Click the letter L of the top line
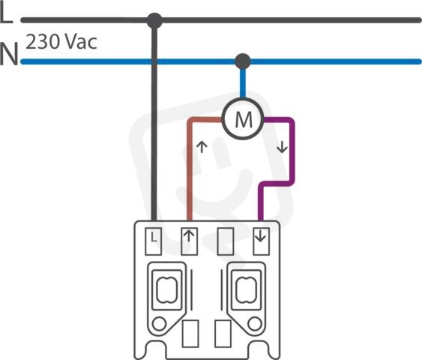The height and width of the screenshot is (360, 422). tap(6, 14)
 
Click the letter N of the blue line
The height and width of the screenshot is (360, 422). tap(9, 53)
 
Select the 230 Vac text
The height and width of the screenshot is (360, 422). tap(61, 42)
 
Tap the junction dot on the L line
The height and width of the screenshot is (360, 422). tap(154, 20)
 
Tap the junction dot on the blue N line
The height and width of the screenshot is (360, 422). tap(243, 61)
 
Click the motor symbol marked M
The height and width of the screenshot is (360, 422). tap(242, 118)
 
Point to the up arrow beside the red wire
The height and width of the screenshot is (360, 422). tap(202, 147)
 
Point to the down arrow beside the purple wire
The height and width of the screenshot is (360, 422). tap(282, 148)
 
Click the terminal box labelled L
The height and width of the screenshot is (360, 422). tap(154, 241)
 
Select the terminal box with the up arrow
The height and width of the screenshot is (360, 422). tap(189, 241)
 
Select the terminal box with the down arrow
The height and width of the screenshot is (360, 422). tap(261, 241)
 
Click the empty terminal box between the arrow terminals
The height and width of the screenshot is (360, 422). tap(226, 241)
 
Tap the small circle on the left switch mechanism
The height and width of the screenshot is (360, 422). tap(159, 324)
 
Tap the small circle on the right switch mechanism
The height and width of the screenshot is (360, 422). tap(255, 324)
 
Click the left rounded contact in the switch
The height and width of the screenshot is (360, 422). tap(167, 289)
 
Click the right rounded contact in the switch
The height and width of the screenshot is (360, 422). tap(247, 289)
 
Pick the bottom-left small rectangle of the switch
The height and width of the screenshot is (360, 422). tap(190, 334)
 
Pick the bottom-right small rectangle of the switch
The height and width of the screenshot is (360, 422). tap(223, 334)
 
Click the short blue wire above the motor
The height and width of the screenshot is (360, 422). tap(243, 83)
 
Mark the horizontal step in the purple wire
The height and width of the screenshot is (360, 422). tap(276, 183)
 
